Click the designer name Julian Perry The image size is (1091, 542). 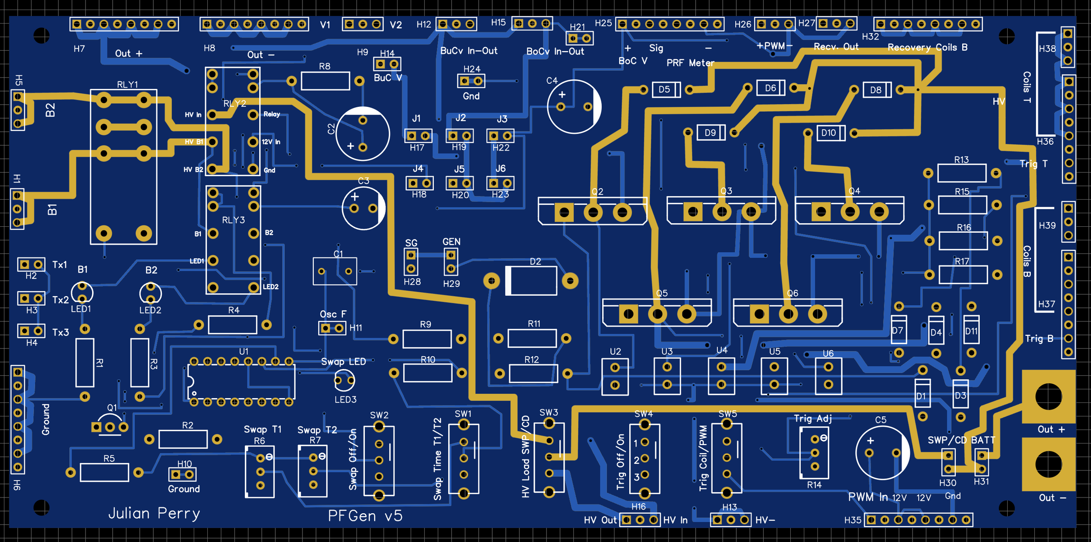point(154,513)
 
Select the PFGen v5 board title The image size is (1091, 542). point(365,516)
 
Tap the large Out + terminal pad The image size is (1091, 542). point(1048,396)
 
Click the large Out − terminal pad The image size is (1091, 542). point(1048,464)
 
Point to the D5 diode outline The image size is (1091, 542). point(666,90)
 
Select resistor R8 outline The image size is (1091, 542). point(325,81)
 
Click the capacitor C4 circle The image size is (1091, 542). point(574,106)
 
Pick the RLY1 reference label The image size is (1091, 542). point(127,85)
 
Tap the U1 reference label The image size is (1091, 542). point(244,351)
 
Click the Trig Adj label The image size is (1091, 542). point(813,419)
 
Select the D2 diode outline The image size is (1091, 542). point(532,281)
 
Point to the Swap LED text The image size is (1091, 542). point(343,362)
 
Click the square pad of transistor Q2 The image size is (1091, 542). point(564,213)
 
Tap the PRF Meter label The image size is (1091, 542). point(690,63)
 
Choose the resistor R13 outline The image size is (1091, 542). point(961,173)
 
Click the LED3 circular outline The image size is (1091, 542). point(344,381)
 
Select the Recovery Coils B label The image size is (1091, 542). point(927,47)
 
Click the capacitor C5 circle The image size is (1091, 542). point(882,453)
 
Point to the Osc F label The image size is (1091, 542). point(333,314)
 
